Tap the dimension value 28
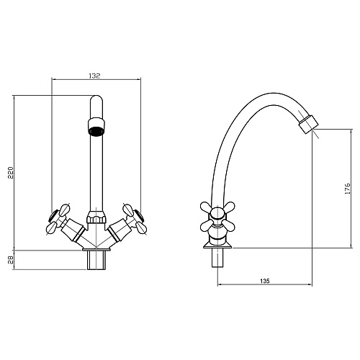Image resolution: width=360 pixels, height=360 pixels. click(10, 260)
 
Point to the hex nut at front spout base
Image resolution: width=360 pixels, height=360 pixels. click(95, 215)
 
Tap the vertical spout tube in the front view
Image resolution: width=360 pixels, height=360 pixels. click(95, 173)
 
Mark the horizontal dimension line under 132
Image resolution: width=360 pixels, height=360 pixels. click(95, 79)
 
